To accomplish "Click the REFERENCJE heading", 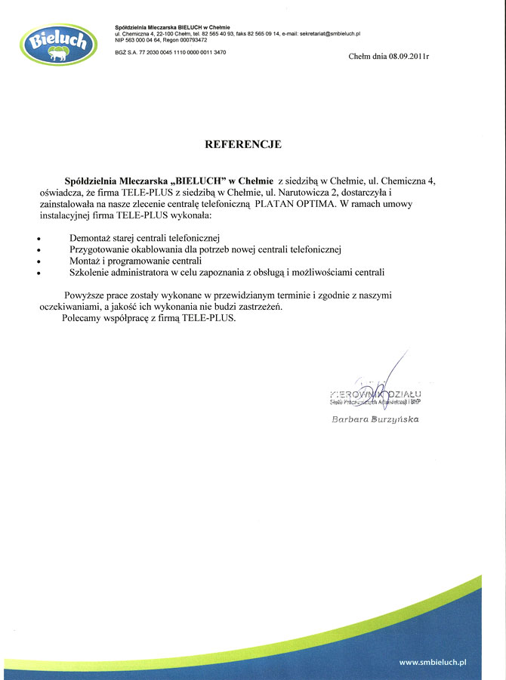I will pos(243,144).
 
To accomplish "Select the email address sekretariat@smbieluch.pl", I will pos(330,34).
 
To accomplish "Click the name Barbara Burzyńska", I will pos(375,419).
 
